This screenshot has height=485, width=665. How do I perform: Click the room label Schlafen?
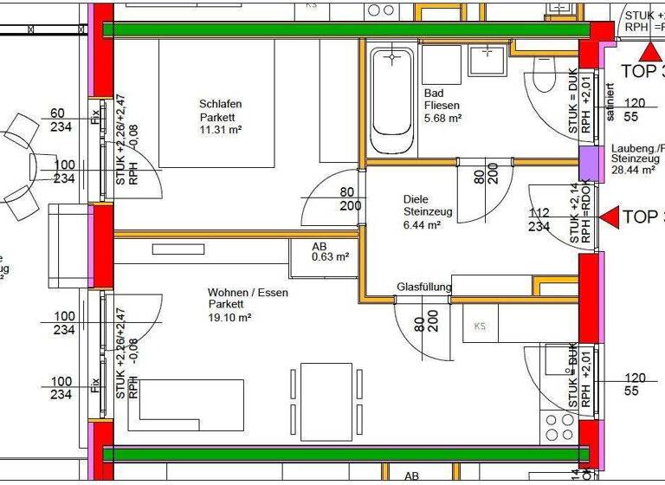coord(220,104)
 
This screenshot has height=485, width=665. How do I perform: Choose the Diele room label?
coord(416,198)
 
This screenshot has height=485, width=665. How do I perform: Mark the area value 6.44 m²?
coord(423,224)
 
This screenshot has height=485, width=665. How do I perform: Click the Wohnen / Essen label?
coord(248,293)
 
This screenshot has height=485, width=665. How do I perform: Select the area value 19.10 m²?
coord(229,318)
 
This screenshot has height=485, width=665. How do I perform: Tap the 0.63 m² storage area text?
coord(330,257)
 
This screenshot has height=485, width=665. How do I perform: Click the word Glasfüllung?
coord(424,287)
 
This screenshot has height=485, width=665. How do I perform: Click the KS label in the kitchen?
coord(480,327)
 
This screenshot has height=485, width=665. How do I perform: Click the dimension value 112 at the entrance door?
coord(539,213)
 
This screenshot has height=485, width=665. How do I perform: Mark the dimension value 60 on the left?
coord(58,113)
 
